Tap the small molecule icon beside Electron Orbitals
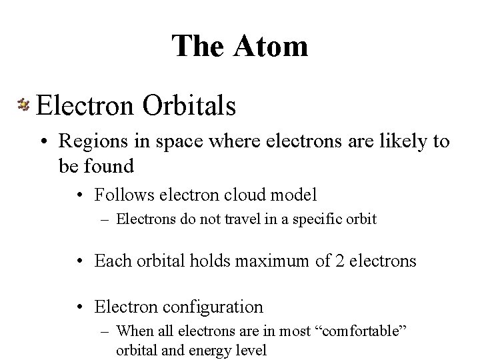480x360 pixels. [23, 104]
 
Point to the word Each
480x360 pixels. [111, 260]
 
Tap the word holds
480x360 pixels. [207, 260]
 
